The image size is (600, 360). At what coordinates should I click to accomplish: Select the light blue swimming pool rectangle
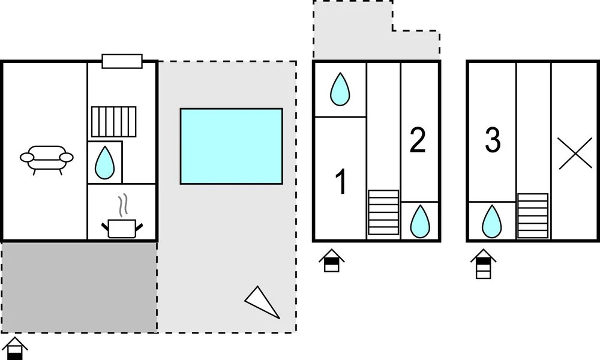pos(232,146)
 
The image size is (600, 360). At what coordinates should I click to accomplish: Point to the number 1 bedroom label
pos(341,181)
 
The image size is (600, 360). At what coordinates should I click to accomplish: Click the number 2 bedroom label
pos(418,140)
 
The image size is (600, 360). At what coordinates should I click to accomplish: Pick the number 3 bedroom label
pos(493,140)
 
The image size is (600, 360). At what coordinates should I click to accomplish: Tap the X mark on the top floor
pos(575,154)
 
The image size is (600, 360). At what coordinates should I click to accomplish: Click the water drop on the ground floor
pos(104,163)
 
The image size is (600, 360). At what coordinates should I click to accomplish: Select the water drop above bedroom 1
pos(340,89)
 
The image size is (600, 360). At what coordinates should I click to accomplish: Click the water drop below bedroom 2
pos(420,221)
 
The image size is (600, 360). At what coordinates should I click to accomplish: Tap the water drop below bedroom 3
pos(492,221)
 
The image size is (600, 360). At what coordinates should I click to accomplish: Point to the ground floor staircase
pos(113,122)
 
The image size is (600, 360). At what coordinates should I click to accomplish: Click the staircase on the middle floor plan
pos(383,212)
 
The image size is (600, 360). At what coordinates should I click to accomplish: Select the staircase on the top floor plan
pos(533,216)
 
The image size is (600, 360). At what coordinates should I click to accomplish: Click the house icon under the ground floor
pos(15,348)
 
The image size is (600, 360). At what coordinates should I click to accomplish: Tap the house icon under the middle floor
pos(332,260)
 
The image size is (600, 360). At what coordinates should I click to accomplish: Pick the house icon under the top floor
pos(483,264)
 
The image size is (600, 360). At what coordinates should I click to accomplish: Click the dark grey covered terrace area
pos(79,287)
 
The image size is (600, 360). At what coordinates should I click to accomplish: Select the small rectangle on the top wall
pos(122,61)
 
